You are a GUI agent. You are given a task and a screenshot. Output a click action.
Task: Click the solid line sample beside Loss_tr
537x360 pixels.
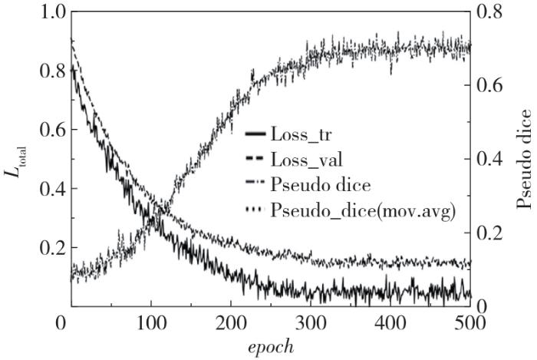pyautogui.click(x=255, y=135)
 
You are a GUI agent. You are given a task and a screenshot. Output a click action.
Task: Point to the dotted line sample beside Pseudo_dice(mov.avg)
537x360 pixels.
pyautogui.click(x=255, y=210)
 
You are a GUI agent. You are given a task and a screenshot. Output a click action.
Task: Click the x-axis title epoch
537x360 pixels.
pyautogui.click(x=268, y=346)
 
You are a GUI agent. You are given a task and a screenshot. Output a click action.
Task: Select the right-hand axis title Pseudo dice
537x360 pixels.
pyautogui.click(x=524, y=159)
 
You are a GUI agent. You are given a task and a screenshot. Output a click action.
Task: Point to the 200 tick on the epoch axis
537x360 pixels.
pyautogui.click(x=226, y=322)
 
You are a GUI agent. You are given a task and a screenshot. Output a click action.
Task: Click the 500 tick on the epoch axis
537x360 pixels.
pyautogui.click(x=469, y=322)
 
